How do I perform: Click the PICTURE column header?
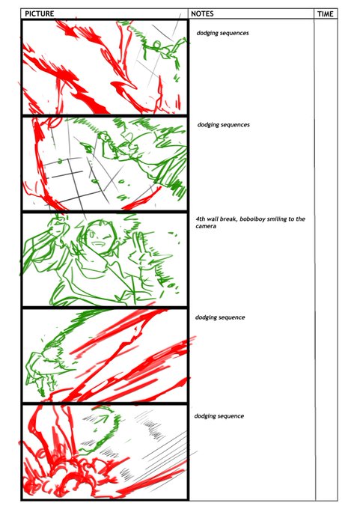coord(39,13)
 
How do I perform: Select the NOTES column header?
coord(202,13)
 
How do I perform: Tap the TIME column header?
coord(326,14)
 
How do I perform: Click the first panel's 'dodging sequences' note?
coord(223,33)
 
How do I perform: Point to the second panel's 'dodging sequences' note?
coord(224,125)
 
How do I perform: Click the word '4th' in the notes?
coord(201,219)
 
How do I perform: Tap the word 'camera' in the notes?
coord(206,226)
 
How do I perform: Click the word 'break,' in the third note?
coord(229,219)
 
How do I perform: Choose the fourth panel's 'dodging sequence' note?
coord(220,317)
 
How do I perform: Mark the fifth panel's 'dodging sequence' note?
coord(219,416)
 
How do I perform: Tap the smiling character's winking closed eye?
coord(106,237)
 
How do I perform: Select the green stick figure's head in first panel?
coord(156,44)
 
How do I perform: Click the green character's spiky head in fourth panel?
coord(52,354)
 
